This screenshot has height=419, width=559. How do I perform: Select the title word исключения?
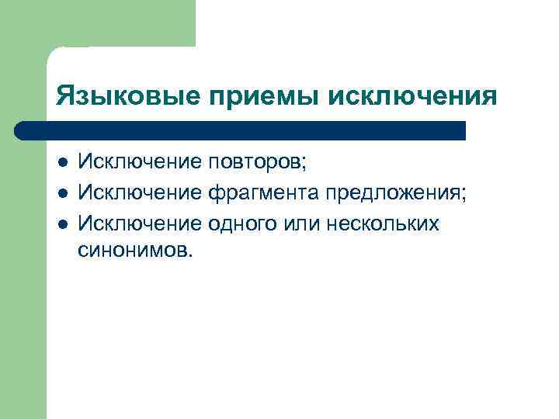[414, 96]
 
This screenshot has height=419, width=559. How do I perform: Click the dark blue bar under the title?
[241, 130]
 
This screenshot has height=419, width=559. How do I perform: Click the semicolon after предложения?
[464, 195]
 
